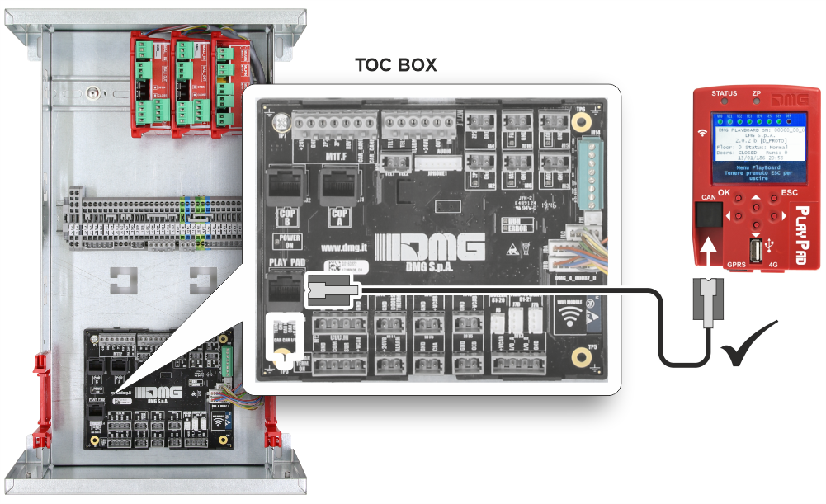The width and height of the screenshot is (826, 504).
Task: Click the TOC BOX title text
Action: [x=395, y=65]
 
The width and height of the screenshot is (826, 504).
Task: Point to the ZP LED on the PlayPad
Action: [x=756, y=103]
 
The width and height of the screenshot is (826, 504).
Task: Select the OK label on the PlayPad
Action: [x=725, y=192]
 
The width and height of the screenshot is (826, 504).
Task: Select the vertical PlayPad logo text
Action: [x=804, y=231]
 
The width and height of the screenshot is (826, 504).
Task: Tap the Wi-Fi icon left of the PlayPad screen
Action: [x=702, y=132]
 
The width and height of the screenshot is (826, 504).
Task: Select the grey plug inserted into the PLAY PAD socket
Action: [x=333, y=290]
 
